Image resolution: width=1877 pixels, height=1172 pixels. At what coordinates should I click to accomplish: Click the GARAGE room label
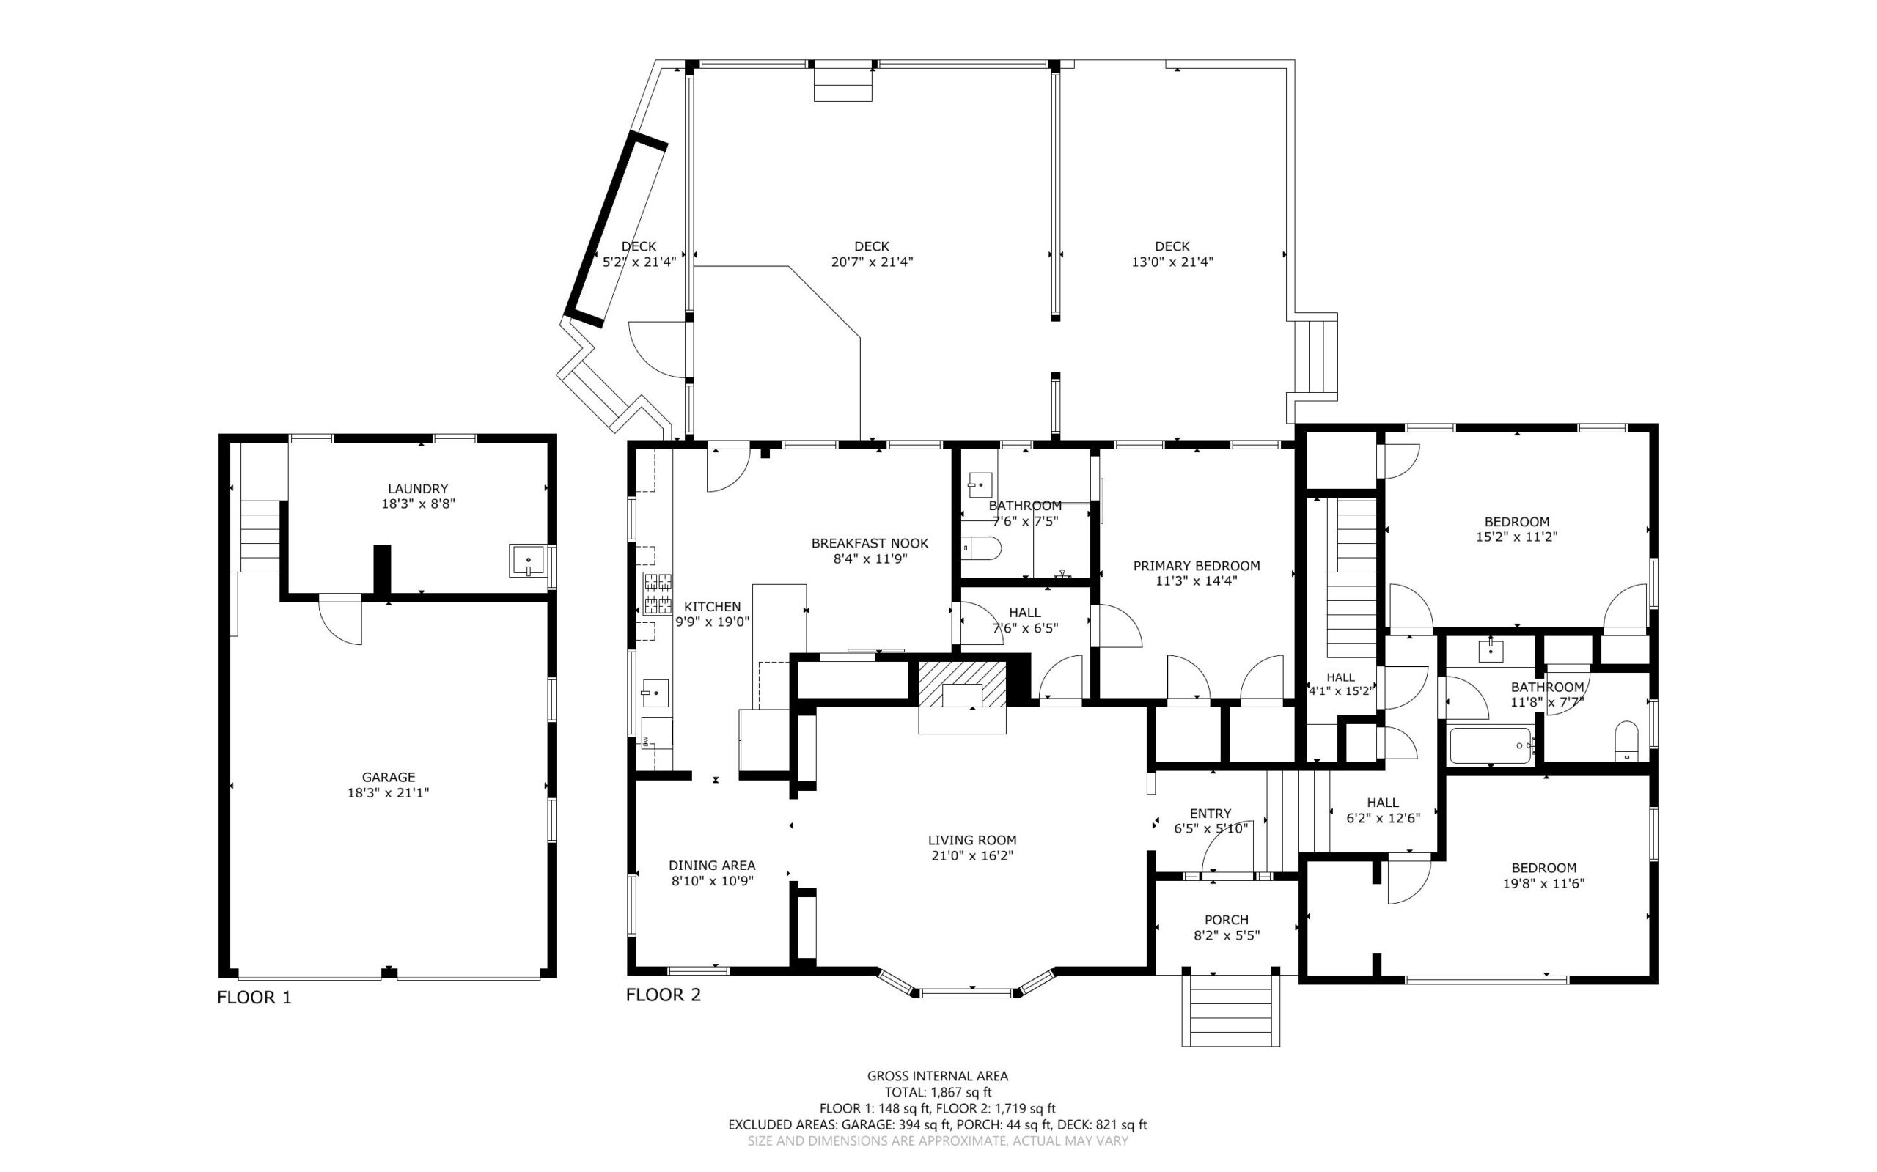click(x=389, y=777)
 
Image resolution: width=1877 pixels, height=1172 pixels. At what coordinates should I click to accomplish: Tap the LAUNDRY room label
click(x=418, y=488)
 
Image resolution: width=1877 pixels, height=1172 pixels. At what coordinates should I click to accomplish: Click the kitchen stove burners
click(x=657, y=594)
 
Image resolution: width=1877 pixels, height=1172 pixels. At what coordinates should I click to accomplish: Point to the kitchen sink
click(x=655, y=693)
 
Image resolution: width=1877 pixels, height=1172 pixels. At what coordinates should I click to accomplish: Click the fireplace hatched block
click(x=961, y=684)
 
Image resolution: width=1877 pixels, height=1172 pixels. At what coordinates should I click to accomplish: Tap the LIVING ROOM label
click(x=972, y=839)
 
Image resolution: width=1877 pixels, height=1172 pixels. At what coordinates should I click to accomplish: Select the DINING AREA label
click(x=712, y=865)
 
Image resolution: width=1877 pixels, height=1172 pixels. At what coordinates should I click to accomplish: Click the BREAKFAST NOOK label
click(x=870, y=543)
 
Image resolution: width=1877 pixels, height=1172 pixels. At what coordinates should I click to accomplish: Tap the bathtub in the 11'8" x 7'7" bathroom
click(x=1490, y=745)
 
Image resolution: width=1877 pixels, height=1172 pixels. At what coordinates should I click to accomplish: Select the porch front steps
click(x=1230, y=1010)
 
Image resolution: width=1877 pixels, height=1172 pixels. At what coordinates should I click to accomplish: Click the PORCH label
click(x=1227, y=920)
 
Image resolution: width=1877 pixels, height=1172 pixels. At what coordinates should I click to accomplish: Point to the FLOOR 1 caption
click(x=254, y=998)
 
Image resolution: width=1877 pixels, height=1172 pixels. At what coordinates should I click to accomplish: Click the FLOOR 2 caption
click(x=664, y=995)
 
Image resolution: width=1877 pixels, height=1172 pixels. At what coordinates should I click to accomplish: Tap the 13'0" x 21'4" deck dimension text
click(x=1172, y=262)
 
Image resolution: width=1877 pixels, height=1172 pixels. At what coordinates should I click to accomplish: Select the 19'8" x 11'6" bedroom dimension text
click(x=1543, y=883)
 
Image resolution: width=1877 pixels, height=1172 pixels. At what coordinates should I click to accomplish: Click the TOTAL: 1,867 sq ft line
click(x=937, y=1093)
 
